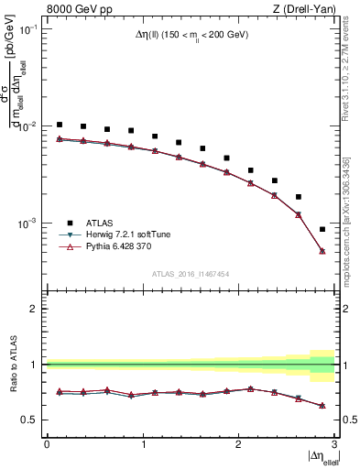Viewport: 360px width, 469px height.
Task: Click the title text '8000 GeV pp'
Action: pos(74,9)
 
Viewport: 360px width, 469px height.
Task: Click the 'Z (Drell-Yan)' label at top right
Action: pos(304,9)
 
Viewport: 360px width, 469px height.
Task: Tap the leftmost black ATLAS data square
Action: pos(59,125)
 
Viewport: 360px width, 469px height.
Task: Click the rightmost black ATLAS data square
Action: pos(322,229)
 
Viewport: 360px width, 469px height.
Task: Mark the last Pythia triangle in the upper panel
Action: pos(322,250)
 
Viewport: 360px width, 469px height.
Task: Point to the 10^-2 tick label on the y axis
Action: pos(27,126)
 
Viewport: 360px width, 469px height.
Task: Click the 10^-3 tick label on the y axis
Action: pos(27,224)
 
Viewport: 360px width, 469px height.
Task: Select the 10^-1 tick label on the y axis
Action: pos(27,29)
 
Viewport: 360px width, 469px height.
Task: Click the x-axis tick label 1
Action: pos(142,443)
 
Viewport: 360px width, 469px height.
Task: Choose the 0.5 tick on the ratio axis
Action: pos(33,420)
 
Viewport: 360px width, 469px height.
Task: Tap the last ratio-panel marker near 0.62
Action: pos(322,406)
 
